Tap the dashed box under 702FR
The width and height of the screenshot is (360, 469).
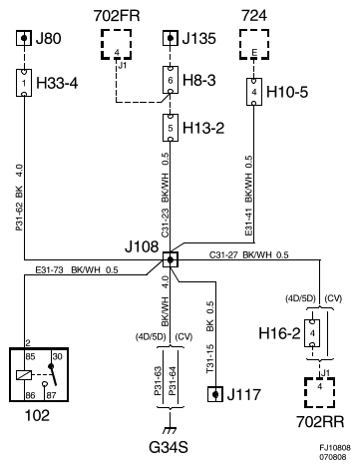120,50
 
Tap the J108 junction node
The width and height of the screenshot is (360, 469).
170,259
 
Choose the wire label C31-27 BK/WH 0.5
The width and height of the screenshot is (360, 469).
248,255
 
